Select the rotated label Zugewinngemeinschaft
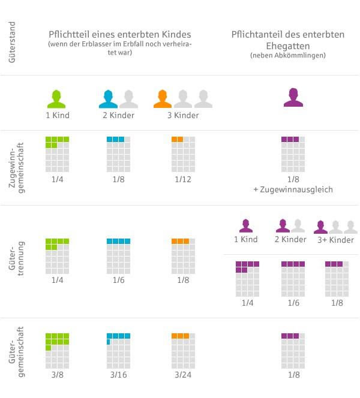[16, 168]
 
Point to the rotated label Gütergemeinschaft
[16, 356]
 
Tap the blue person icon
[108, 98]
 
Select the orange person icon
[163, 98]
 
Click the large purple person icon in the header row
[293, 97]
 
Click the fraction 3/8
[58, 375]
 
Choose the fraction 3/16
[118, 375]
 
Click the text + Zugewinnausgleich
[293, 189]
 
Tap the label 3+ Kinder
[334, 240]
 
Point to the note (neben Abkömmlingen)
[288, 55]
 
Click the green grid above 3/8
[58, 351]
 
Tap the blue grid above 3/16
[118, 351]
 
